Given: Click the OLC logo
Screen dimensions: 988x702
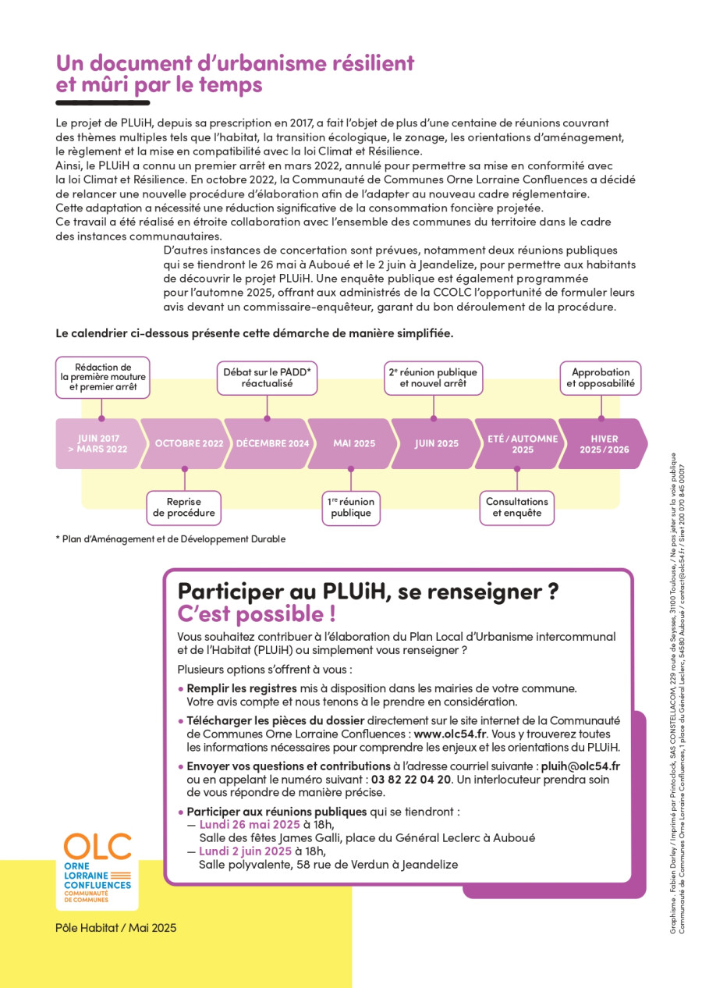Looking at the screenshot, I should [x=97, y=867].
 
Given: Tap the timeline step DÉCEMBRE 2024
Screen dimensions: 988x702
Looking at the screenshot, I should [x=271, y=443].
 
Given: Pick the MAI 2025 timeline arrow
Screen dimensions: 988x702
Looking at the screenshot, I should [x=353, y=443].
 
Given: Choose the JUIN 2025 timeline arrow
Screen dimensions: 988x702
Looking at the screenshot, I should [x=435, y=443].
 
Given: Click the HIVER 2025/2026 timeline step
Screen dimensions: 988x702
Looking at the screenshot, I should [x=603, y=443].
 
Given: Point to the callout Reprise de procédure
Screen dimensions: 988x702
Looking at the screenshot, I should [x=184, y=507].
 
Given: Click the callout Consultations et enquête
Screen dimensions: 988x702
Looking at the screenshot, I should [x=517, y=507].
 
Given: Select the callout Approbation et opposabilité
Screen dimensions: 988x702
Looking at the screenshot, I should [x=601, y=378].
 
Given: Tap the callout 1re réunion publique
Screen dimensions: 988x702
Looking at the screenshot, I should [x=351, y=507].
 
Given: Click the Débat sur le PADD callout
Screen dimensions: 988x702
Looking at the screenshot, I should [x=267, y=378].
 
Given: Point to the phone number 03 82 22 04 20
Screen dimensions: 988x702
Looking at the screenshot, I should [x=411, y=779].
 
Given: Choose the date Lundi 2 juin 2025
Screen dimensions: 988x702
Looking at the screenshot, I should [x=245, y=851].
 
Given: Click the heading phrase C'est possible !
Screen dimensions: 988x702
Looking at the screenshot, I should [x=257, y=614].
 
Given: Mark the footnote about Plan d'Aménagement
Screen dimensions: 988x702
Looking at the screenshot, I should [x=171, y=538].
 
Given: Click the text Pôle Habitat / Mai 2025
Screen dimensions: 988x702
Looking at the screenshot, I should [x=116, y=928].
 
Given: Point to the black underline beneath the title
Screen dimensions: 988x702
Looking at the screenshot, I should [x=102, y=102].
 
